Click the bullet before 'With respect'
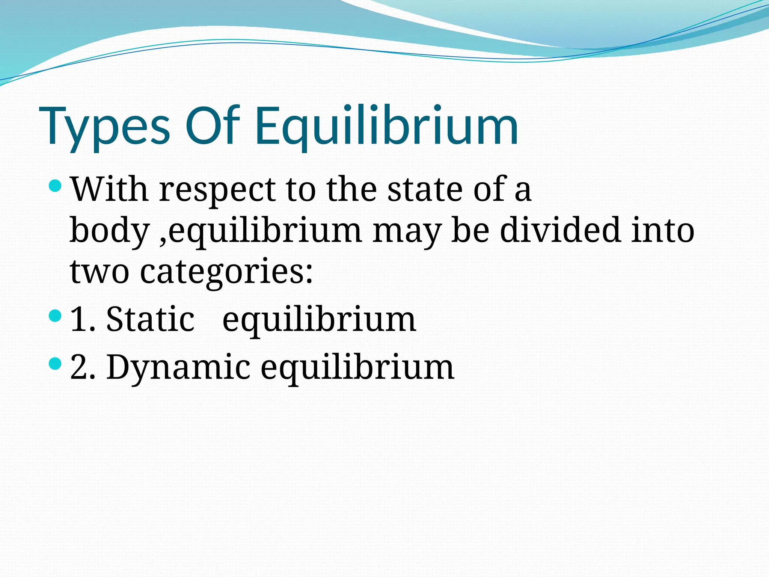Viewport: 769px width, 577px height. (x=55, y=185)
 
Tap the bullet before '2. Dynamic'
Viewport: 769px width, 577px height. (x=55, y=364)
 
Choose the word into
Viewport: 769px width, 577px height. (x=663, y=230)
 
